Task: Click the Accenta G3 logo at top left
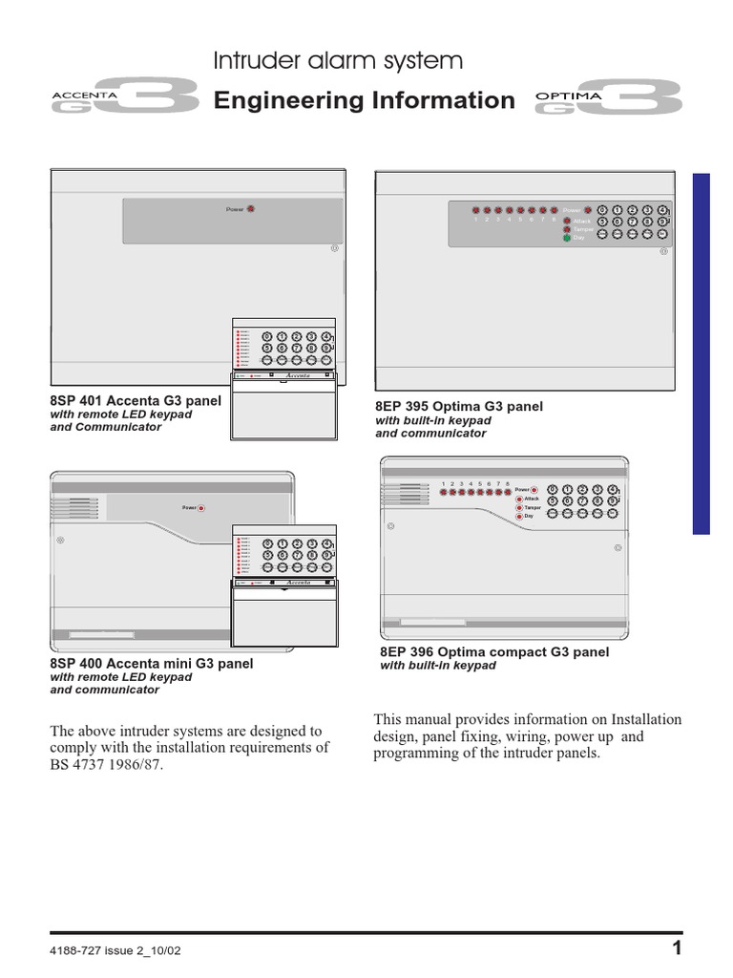(x=124, y=100)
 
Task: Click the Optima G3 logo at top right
(x=609, y=100)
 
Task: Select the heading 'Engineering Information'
(x=365, y=100)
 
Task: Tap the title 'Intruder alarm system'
(x=338, y=61)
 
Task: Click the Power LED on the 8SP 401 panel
(x=251, y=208)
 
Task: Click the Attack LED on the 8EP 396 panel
(x=518, y=500)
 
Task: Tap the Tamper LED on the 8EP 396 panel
(x=518, y=508)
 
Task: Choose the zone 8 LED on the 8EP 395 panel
(x=553, y=209)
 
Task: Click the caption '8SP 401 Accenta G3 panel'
(x=135, y=401)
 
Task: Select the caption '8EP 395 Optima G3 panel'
(x=459, y=406)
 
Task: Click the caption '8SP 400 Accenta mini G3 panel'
(x=151, y=663)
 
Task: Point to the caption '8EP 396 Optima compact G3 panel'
(x=494, y=652)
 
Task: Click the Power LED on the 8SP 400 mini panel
(x=201, y=508)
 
